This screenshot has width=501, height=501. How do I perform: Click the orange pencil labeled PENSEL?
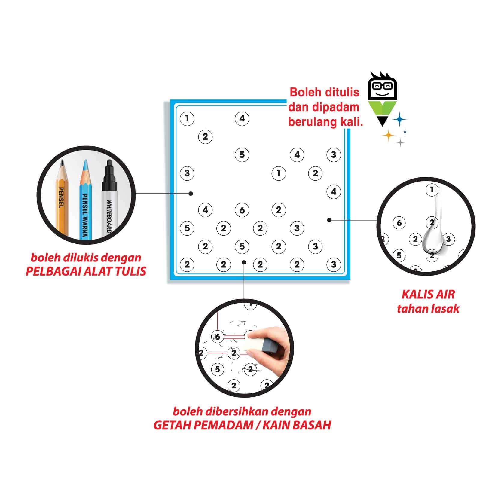(63, 198)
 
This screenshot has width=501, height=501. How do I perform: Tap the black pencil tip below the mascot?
(382, 121)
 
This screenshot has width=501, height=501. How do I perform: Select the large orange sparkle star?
(388, 135)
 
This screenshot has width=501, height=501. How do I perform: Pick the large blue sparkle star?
(400, 120)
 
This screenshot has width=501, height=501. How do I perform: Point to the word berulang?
(312, 122)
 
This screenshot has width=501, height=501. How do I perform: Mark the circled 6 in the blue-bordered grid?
(242, 210)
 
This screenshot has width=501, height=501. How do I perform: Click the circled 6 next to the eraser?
(218, 337)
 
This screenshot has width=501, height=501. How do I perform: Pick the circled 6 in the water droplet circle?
(399, 223)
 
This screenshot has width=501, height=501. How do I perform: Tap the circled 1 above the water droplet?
(432, 190)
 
